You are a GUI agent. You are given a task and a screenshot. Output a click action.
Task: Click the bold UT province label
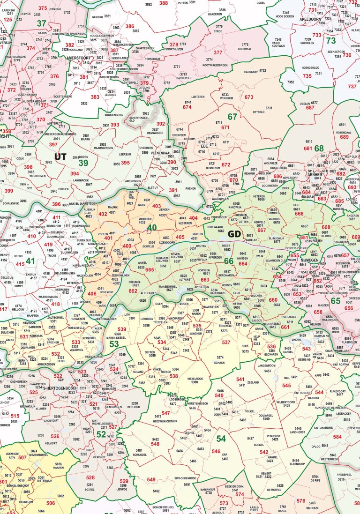click(60, 156)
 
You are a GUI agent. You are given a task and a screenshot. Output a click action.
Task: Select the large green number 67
click(232, 117)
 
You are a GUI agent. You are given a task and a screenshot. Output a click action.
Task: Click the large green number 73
click(331, 41)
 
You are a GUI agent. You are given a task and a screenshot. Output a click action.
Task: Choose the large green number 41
click(30, 261)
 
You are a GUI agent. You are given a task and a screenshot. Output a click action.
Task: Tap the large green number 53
click(114, 344)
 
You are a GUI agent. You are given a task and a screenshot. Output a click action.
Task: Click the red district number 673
click(249, 97)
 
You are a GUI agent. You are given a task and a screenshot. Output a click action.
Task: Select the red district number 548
click(155, 444)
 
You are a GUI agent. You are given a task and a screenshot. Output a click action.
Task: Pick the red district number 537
click(226, 343)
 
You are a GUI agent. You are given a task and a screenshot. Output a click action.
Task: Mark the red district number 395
click(125, 163)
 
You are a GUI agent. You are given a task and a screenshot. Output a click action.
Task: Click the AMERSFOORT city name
click(78, 58)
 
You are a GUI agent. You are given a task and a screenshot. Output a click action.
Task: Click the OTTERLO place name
click(258, 112)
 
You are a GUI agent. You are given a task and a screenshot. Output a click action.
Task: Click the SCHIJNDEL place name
click(140, 454)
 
